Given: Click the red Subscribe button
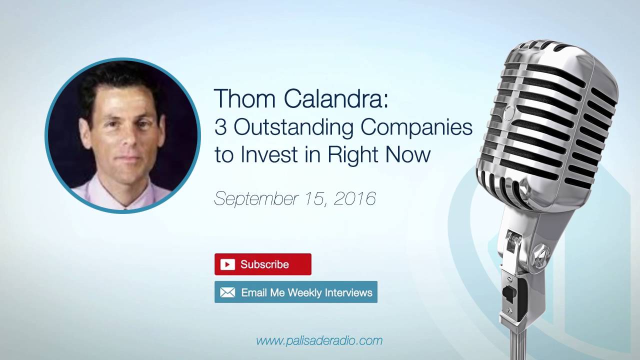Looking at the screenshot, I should (x=263, y=264).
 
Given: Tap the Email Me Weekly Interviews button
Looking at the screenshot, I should (x=296, y=292).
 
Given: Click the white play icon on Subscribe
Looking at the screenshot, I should (x=227, y=264).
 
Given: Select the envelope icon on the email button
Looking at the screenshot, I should (x=227, y=292).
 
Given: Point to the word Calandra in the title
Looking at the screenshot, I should (x=334, y=98).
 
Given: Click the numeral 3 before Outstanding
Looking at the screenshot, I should (x=220, y=127).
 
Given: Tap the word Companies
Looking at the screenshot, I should (x=417, y=127).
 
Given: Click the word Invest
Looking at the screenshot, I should (x=268, y=155).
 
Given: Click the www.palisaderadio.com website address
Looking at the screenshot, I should (x=319, y=341).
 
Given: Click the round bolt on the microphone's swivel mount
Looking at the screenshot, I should (x=540, y=251).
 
